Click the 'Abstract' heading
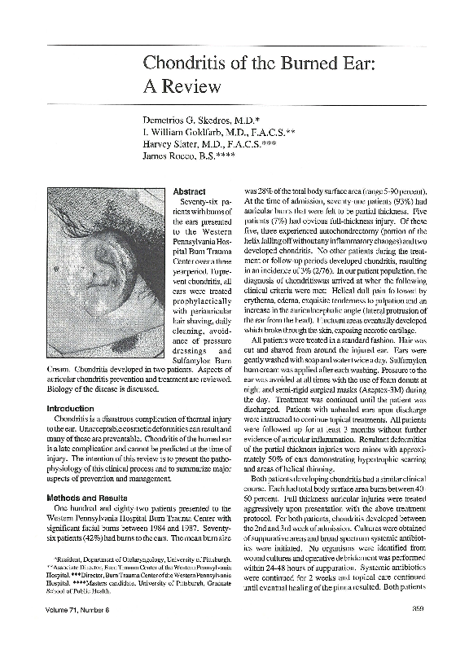click(190, 191)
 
